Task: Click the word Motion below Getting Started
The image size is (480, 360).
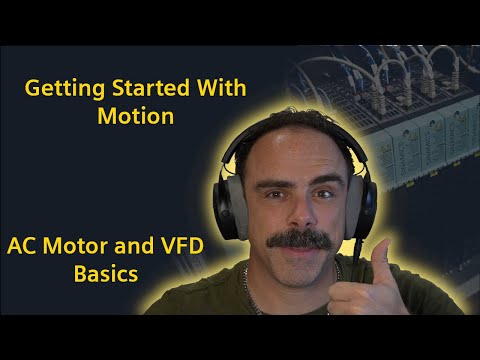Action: [136, 116]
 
